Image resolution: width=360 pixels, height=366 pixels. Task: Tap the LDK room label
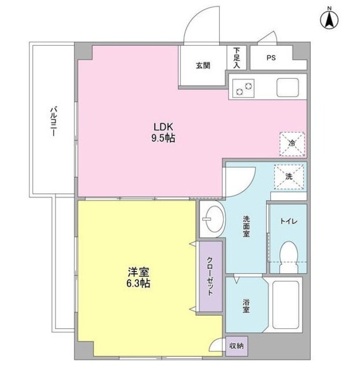pos(163,127)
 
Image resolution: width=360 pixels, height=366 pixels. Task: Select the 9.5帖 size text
pos(163,138)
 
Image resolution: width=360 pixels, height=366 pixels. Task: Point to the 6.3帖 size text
pos(139,283)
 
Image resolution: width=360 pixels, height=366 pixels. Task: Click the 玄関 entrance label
pos(203,66)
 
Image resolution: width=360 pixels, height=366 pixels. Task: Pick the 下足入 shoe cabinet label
pos(236,58)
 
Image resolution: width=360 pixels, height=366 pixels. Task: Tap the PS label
pos(271,57)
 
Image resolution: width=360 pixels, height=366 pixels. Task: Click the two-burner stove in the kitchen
pos(243,88)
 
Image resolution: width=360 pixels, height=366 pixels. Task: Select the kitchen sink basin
pos(287,87)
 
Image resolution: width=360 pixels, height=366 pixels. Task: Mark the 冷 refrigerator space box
pos(292,144)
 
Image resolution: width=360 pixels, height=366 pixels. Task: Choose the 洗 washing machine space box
pos(289,177)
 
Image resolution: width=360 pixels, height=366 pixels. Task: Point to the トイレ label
pos(288,221)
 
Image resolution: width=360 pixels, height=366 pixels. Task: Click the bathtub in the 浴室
pos(286,304)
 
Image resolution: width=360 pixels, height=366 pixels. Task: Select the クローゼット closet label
pos(210,276)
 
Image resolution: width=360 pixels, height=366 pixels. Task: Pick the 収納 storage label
pos(236,345)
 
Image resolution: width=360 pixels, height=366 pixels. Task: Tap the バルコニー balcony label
pos(54,122)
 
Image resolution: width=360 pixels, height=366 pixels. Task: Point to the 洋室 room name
pos(139,272)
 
